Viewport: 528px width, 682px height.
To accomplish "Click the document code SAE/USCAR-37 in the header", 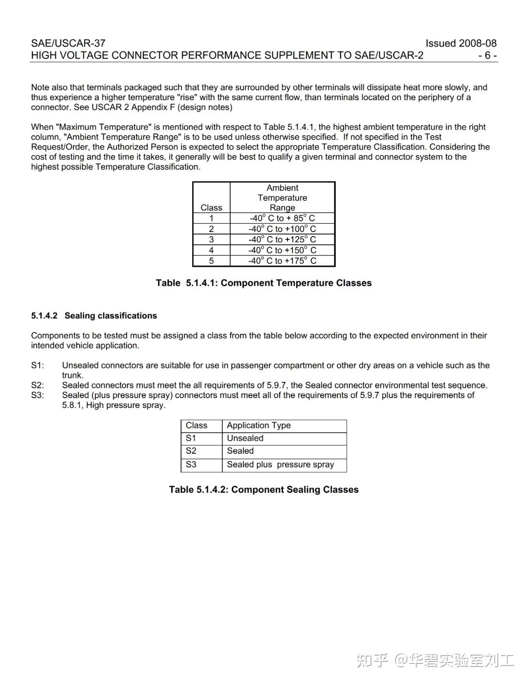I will pos(68,43).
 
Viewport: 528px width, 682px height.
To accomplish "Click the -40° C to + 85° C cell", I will pos(282,218).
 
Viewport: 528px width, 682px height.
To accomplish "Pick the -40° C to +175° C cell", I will pos(282,261).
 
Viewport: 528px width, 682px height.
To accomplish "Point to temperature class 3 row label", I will pos(211,239).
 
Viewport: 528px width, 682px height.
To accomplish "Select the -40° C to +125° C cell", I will pos(282,239).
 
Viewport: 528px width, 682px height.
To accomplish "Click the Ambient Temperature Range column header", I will pos(282,197).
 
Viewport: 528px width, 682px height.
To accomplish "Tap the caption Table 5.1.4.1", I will pos(264,283).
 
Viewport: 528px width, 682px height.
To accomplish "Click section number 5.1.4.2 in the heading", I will pos(44,316).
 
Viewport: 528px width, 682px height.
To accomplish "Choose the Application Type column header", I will pos(259,426).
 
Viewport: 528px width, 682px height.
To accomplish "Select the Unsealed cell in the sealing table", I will pos(245,438).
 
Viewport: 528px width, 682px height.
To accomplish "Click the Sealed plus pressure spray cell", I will pos(280,465).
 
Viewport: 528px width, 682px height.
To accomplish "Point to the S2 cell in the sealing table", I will pos(191,451).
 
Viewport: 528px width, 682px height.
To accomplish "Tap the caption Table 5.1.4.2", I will pos(264,490).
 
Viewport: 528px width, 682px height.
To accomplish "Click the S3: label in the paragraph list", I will pos(38,395).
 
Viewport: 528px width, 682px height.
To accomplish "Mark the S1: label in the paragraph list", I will pos(38,365).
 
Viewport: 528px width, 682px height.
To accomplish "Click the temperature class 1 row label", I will pos(211,218).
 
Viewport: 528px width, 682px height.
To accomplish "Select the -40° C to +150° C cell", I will pos(282,250).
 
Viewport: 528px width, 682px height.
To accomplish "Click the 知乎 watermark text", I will pos(372,661).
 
